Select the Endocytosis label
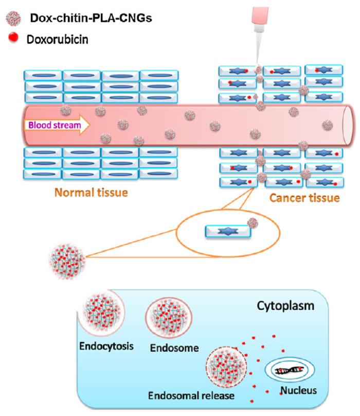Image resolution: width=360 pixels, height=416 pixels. point(106,345)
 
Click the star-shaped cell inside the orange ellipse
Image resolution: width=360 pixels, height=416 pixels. point(228,231)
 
